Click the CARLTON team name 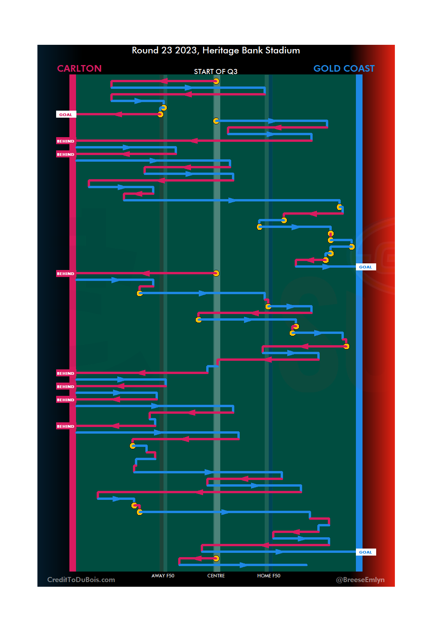[x=79, y=69]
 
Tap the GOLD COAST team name [x=344, y=69]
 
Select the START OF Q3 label [x=216, y=72]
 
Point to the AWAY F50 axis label [x=163, y=576]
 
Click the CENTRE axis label [x=216, y=576]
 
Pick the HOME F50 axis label [x=269, y=576]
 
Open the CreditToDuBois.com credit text [x=81, y=580]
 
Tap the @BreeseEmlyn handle [x=360, y=580]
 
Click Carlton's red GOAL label [x=65, y=115]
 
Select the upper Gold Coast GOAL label [x=365, y=267]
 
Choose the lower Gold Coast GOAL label [x=365, y=552]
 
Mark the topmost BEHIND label [x=65, y=141]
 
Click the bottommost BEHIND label [x=65, y=426]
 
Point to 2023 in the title [x=186, y=51]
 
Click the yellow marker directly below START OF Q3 [x=216, y=81]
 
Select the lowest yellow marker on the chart [x=216, y=558]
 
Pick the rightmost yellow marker [x=352, y=247]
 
